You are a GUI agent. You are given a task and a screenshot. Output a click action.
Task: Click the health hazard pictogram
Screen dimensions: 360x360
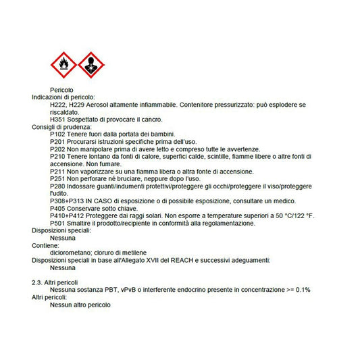point(91,65)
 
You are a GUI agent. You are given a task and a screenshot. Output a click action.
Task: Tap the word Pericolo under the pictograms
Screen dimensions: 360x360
point(61,90)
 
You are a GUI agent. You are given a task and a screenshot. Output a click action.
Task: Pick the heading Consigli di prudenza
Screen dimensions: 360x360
point(61,127)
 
